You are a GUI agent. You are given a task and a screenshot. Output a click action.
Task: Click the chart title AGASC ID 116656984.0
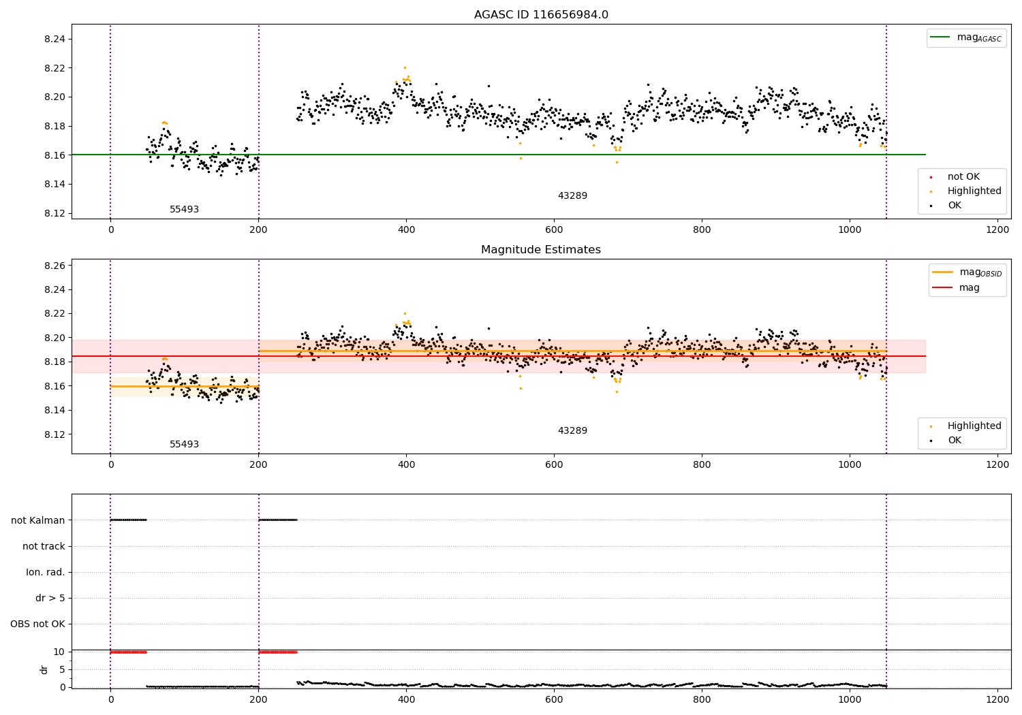click(541, 15)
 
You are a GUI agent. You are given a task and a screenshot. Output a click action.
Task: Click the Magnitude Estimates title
click(541, 250)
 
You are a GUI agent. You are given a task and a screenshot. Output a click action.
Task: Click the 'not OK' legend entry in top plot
click(963, 177)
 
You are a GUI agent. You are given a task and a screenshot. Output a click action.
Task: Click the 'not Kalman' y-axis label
click(38, 520)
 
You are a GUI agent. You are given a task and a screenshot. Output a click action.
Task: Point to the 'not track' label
click(44, 546)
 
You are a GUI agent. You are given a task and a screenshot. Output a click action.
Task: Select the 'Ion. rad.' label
click(46, 572)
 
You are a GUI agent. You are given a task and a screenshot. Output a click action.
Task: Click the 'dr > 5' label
click(50, 599)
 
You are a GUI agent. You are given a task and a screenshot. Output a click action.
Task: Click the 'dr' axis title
click(44, 669)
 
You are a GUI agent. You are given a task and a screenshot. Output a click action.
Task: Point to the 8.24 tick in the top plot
click(55, 39)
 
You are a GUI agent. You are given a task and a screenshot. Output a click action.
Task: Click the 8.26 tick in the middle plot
click(55, 266)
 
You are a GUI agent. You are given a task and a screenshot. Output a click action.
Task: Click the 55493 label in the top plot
click(184, 210)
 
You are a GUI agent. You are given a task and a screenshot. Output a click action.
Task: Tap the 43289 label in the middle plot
click(572, 431)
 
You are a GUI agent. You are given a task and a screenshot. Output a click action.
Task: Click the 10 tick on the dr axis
click(59, 652)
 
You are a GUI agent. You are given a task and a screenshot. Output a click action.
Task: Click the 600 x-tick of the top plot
click(554, 230)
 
